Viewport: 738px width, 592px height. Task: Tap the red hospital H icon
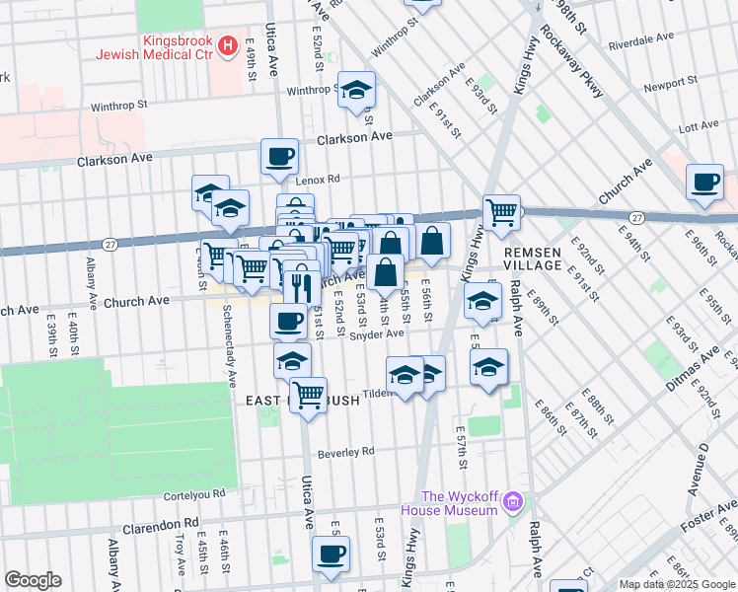[x=229, y=44]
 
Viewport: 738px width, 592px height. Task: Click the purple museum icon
[x=512, y=504]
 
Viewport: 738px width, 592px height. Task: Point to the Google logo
[x=33, y=580]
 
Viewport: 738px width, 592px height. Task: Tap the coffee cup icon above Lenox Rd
[x=279, y=155]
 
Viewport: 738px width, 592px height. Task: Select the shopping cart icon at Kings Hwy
[x=501, y=211]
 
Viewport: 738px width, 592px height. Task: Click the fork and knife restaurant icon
[x=302, y=286]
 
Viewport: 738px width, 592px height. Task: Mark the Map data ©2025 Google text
[x=676, y=584]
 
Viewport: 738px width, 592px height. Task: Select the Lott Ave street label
[x=700, y=126]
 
